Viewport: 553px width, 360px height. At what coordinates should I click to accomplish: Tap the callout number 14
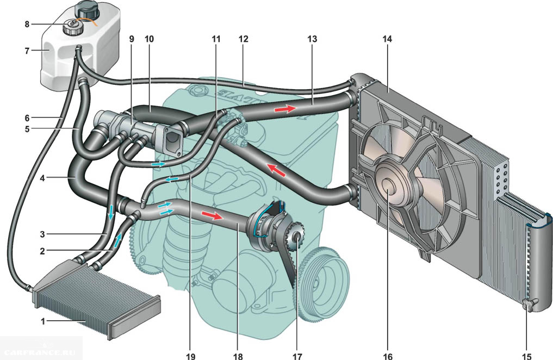click(x=387, y=40)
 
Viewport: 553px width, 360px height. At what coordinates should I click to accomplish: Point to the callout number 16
click(x=387, y=356)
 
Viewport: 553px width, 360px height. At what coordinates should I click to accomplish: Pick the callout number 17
click(x=296, y=356)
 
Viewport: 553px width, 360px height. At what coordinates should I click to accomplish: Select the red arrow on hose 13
click(x=284, y=109)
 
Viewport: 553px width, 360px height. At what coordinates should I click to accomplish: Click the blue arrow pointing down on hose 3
click(x=111, y=212)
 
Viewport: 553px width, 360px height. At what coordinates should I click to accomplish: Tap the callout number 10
click(x=150, y=40)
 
